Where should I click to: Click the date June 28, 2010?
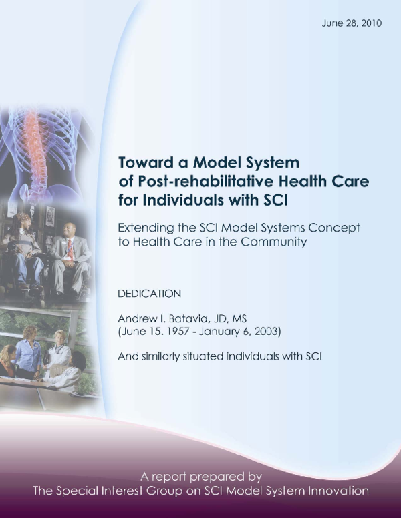(352, 23)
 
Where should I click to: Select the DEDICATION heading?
(148, 293)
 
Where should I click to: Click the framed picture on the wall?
(50, 215)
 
